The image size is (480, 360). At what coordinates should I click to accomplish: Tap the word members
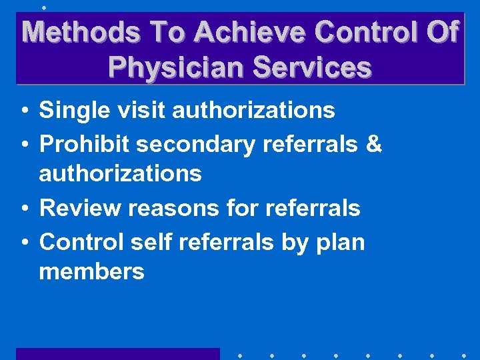91,271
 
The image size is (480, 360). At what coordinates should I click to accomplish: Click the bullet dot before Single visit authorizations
23,111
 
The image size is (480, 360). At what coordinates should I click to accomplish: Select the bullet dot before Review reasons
23,209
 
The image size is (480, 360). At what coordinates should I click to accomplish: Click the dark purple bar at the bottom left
117,353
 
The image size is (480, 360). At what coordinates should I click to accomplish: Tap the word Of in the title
442,32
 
